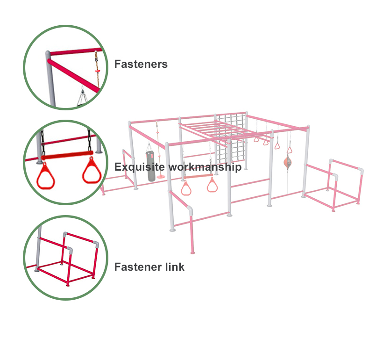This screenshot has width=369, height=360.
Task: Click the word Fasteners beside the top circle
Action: (141, 64)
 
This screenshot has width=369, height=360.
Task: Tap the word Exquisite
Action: (140, 167)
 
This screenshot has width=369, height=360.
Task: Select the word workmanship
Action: (205, 167)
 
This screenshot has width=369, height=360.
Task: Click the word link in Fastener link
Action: (175, 267)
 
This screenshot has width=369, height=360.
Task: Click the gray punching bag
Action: (151, 166)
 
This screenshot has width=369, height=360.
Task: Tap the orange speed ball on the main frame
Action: (287, 162)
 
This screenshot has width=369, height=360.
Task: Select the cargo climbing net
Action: (230, 139)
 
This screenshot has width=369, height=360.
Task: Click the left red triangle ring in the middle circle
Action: (46, 175)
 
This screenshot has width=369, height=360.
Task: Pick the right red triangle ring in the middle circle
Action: (92, 171)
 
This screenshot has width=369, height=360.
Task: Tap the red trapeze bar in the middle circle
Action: (67, 156)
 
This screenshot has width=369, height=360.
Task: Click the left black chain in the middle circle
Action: (43, 143)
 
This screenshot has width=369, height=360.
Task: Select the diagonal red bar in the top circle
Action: (73, 76)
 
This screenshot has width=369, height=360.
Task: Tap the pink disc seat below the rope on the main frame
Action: (161, 176)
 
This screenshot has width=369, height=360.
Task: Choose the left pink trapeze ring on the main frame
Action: (186, 188)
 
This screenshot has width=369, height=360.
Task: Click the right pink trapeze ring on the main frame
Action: (212, 185)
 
